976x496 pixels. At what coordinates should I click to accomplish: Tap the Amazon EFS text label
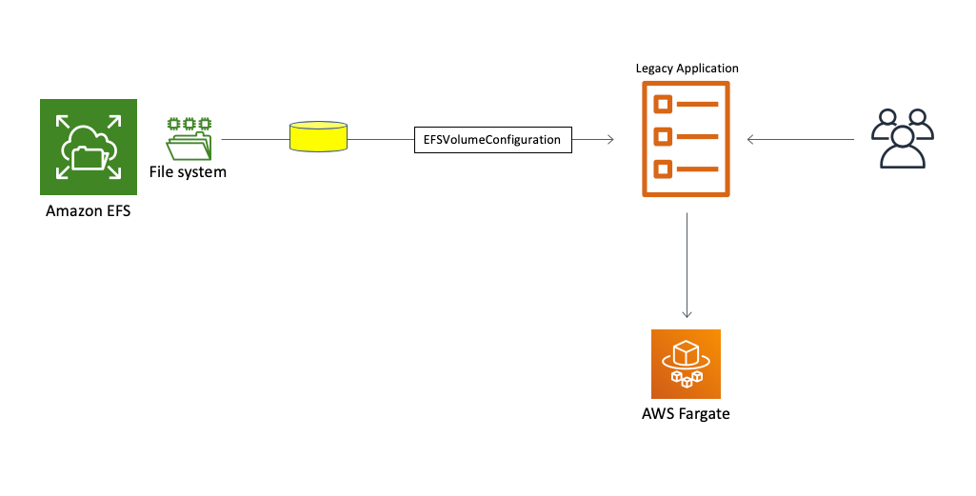point(88,210)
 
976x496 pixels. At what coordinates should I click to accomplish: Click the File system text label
point(188,172)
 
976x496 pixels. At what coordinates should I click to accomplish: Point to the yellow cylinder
point(318,137)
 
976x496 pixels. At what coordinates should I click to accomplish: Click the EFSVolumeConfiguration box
point(492,139)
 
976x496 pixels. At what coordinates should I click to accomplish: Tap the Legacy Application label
point(687,69)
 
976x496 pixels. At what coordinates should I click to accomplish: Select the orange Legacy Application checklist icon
point(687,139)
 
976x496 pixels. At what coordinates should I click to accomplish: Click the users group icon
point(901,139)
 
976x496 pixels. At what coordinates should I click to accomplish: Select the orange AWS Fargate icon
point(686,364)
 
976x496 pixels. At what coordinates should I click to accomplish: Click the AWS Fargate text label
point(686,414)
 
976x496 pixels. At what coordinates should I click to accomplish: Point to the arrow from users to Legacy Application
point(800,140)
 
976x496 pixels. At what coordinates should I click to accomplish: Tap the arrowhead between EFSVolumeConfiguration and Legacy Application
point(608,140)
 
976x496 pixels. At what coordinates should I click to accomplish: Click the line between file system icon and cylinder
point(254,139)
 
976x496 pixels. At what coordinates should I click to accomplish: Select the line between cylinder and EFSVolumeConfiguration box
point(381,139)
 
